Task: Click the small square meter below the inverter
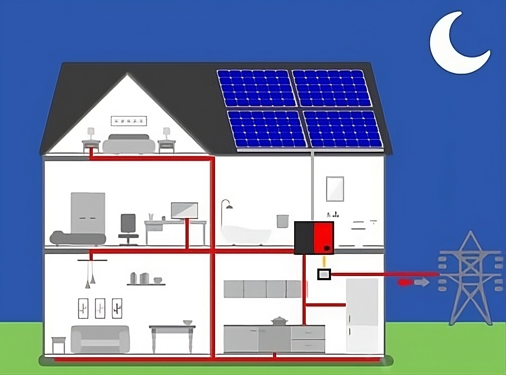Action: [x=324, y=274]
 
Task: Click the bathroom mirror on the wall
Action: [x=335, y=189]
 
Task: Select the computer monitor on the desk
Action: [x=184, y=210]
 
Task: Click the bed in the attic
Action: [x=129, y=144]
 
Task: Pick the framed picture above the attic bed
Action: [x=129, y=121]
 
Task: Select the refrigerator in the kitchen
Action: [x=362, y=315]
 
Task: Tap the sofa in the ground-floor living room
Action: [x=100, y=339]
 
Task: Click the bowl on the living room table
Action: [x=188, y=322]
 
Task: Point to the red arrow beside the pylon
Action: [x=405, y=283]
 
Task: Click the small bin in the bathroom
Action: [x=283, y=220]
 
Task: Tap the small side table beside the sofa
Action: [x=59, y=344]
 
